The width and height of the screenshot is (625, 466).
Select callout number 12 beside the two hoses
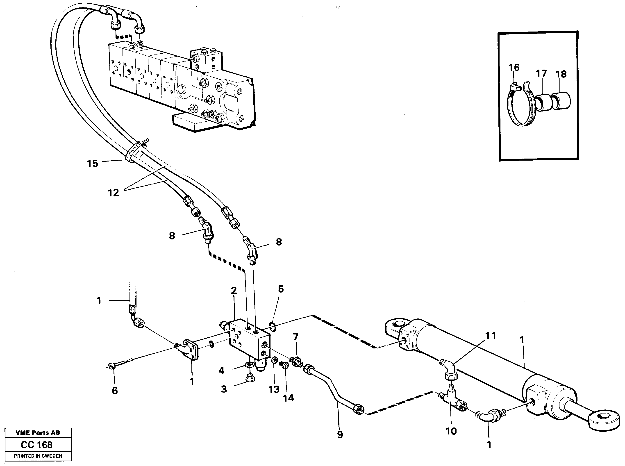click(x=113, y=193)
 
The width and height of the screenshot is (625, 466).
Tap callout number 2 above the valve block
click(x=234, y=291)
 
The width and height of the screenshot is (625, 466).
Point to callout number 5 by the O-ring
click(x=281, y=289)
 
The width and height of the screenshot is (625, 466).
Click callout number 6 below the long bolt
click(x=114, y=391)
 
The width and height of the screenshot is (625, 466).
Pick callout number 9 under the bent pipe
click(x=340, y=435)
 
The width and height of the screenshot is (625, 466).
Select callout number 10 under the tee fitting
click(x=451, y=431)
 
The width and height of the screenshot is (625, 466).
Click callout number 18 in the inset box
click(x=561, y=74)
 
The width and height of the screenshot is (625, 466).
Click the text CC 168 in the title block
click(x=37, y=445)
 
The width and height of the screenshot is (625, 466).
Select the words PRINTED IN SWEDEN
click(x=38, y=456)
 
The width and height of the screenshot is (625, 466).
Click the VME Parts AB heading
click(x=38, y=433)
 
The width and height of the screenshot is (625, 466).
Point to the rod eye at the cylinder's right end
click(x=604, y=421)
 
